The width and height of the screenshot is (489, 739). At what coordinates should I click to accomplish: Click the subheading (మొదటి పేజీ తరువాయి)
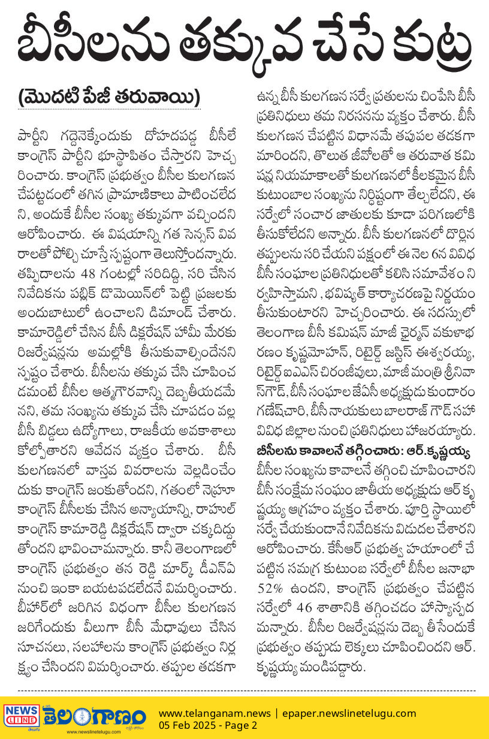(x=108, y=97)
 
